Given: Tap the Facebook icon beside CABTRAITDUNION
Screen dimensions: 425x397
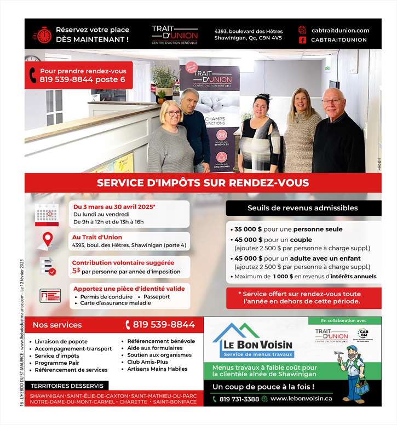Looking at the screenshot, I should coord(302,40).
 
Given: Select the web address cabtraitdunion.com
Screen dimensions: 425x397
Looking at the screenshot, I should coord(340,31).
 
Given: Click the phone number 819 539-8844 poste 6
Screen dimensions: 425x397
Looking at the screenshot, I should coord(82,79).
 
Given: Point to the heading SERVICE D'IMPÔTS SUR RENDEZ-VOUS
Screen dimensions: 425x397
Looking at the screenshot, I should coord(203,183).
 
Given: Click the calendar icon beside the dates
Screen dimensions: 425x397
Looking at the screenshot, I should coord(47,214).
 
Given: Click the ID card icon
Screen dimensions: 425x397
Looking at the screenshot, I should coord(50,296).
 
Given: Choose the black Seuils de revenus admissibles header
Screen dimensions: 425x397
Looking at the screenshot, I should coord(303,208).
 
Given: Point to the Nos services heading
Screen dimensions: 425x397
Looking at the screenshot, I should coord(57,325).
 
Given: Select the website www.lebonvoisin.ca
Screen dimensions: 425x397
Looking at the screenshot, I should coord(301,399).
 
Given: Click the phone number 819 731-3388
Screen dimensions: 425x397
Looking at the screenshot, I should coord(239,399).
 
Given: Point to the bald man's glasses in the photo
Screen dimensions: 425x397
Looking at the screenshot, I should coord(332,101).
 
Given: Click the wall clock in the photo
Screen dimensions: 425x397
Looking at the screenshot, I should coord(32,58).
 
